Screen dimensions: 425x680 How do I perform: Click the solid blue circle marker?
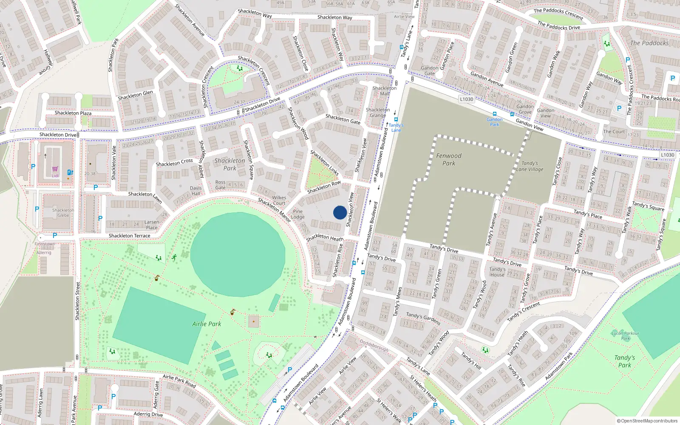click(x=340, y=212)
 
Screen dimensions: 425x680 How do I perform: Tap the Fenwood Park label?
click(x=448, y=159)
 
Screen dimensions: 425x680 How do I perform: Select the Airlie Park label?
click(x=207, y=324)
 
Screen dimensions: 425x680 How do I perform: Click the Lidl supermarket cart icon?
click(x=55, y=169)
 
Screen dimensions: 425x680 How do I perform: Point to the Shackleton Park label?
click(x=229, y=164)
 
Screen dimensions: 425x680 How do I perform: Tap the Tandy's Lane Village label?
click(x=530, y=166)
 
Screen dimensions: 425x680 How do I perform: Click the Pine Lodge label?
click(x=297, y=214)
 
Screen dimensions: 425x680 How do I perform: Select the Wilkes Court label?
click(x=279, y=200)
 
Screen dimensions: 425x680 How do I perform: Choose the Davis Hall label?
click(x=195, y=191)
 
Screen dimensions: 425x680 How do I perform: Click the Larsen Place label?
click(x=152, y=225)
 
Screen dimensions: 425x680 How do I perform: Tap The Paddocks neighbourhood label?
click(x=649, y=43)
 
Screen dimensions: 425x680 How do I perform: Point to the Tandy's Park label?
click(x=624, y=361)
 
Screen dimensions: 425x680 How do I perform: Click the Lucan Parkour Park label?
click(x=625, y=336)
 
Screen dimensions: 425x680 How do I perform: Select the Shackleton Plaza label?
click(x=73, y=113)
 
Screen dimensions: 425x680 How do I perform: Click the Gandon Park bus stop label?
click(x=494, y=122)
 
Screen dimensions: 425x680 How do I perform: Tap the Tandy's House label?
click(x=497, y=272)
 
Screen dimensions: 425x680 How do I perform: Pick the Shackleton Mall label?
click(x=384, y=91)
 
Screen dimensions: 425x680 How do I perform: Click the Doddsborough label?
click(x=374, y=345)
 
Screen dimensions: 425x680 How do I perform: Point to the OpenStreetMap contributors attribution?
click(x=647, y=421)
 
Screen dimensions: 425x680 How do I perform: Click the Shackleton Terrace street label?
click(x=129, y=236)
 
